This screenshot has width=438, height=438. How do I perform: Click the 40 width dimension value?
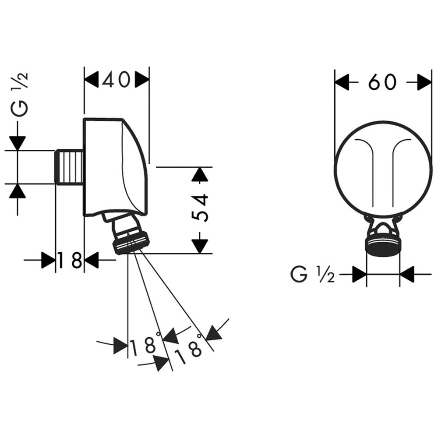[116, 79]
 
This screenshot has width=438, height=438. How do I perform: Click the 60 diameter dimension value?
[382, 82]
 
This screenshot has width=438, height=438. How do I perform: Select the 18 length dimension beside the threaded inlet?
[70, 261]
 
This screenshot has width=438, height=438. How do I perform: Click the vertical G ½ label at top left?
[21, 94]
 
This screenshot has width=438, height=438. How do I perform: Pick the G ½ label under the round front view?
[312, 275]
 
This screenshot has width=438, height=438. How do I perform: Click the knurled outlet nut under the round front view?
[382, 246]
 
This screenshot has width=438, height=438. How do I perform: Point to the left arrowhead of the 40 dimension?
[91, 79]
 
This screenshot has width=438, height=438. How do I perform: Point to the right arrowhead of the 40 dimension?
[142, 79]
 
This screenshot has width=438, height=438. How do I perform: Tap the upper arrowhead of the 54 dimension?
[200, 175]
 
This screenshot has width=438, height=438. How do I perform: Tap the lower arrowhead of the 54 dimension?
[200, 246]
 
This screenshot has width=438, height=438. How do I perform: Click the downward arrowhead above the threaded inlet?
[18, 143]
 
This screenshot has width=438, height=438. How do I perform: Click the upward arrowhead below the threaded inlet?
[18, 191]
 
